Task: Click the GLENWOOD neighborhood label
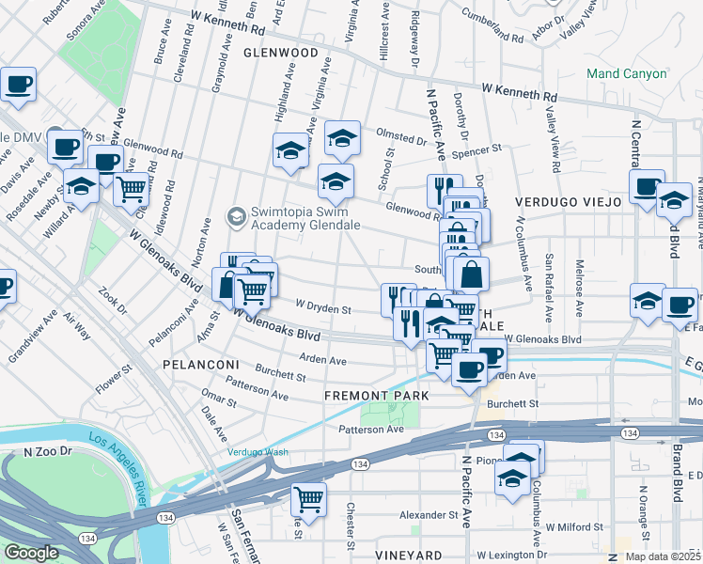(280, 53)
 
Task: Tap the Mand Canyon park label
(627, 72)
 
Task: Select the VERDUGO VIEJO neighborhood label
(567, 201)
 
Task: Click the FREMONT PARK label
(376, 396)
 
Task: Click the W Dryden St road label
(322, 306)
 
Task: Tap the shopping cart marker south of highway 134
(307, 497)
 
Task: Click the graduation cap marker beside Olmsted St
(342, 137)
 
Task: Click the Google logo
(31, 553)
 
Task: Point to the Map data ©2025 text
(663, 556)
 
